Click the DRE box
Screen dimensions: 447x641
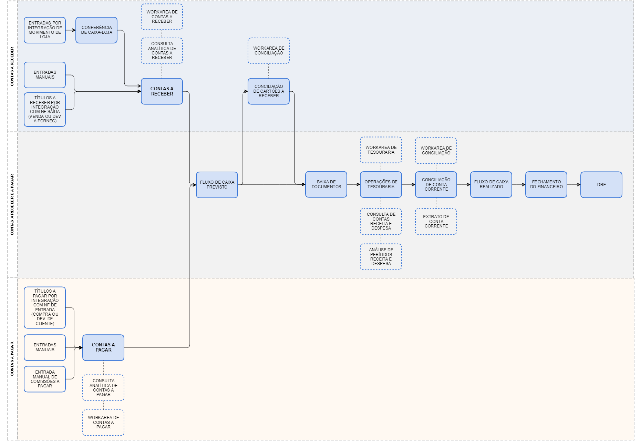[x=601, y=185]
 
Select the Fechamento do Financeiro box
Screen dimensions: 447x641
[x=546, y=184]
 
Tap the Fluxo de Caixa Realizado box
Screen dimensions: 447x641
[x=491, y=184]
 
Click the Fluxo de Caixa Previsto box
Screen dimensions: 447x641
[x=217, y=185]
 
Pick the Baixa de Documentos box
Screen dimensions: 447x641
[x=326, y=184]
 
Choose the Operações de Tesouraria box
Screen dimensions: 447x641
[x=381, y=184]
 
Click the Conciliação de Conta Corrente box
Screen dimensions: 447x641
[x=436, y=184]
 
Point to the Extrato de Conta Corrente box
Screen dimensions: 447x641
[x=436, y=221]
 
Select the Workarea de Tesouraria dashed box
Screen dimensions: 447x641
[x=381, y=150]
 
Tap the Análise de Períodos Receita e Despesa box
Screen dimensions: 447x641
[x=381, y=257]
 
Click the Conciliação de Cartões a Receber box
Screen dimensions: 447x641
[x=268, y=91]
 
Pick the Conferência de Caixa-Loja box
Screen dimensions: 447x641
[x=96, y=30]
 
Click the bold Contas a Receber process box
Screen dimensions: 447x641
[x=162, y=91]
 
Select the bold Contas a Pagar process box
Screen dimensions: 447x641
[x=103, y=347]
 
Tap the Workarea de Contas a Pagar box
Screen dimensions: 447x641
[x=103, y=423]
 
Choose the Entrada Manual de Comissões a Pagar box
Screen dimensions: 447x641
[x=45, y=379]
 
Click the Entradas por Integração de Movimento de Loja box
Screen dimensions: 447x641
[x=45, y=30]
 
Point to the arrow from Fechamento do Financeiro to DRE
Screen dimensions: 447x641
[x=573, y=185]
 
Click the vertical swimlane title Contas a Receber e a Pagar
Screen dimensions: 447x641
[x=12, y=205]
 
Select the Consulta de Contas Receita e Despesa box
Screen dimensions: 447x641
[x=381, y=221]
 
